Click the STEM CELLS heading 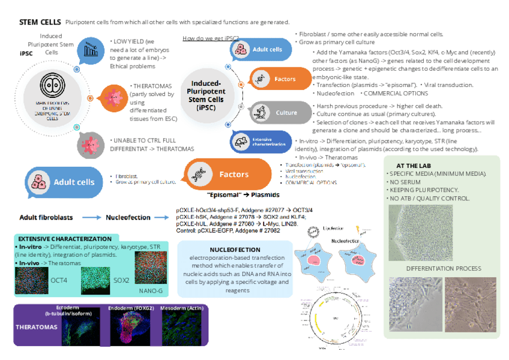click(40, 22)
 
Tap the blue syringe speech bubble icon click(90, 50)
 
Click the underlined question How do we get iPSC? click(210, 38)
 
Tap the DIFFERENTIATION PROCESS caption click(444, 268)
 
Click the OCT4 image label click(59, 280)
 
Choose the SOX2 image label click(121, 280)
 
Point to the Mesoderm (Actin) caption click(183, 308)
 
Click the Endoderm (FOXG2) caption click(131, 308)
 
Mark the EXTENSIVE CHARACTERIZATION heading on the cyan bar click(65, 239)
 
